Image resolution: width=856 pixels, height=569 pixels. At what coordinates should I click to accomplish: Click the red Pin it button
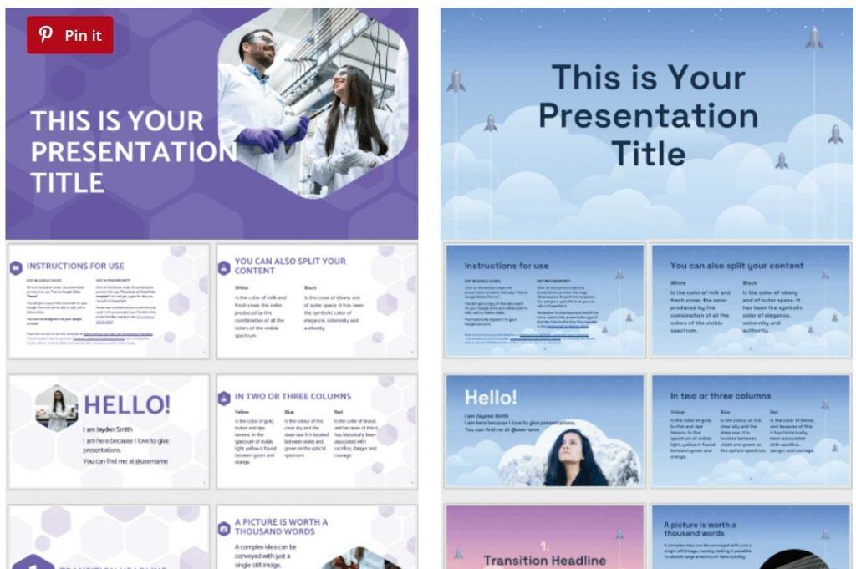pos(69,35)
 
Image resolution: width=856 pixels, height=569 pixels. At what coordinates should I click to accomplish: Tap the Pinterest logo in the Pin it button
pos(46,35)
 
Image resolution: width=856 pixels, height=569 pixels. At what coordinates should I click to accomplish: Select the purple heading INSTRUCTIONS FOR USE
pos(75,266)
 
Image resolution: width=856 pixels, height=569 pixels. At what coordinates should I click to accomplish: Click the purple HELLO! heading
pos(127,405)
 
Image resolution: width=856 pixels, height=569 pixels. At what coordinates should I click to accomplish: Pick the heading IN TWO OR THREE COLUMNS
pos(293,396)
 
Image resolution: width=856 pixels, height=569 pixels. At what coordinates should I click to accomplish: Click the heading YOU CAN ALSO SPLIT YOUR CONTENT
pos(290,266)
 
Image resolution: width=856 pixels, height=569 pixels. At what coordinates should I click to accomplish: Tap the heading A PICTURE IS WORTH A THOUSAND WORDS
pos(281,526)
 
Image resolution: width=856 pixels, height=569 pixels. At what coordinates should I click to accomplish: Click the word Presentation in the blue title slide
pos(648,115)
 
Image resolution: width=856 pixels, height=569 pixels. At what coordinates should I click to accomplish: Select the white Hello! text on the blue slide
pos(491,397)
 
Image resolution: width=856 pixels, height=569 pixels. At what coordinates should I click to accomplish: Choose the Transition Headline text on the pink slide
pos(544,560)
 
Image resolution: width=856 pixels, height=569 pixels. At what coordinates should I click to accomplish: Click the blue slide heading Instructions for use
pos(507,266)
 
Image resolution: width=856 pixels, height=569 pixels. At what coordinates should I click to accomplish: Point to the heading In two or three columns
pos(721,395)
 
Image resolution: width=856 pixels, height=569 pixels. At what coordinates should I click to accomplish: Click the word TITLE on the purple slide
pos(67,181)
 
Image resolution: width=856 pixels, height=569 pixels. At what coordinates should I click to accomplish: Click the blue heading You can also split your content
pos(736,266)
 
